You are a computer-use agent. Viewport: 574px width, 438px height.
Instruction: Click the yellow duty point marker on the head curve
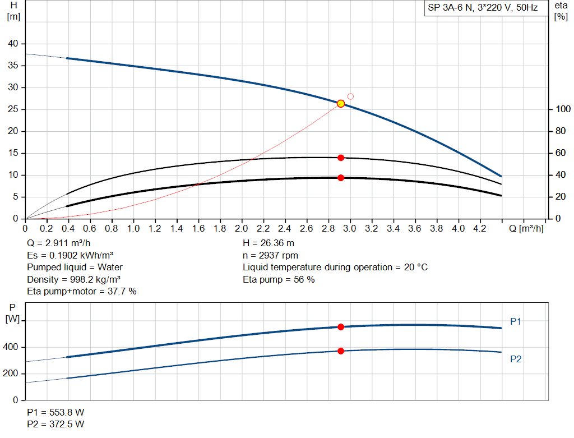point(341,103)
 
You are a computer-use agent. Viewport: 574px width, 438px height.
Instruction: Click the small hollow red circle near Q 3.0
point(351,96)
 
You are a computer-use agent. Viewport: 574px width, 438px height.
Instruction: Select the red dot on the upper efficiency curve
point(341,158)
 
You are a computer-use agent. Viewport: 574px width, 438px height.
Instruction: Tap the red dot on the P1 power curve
point(341,327)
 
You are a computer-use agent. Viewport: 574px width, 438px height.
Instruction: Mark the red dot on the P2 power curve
point(341,351)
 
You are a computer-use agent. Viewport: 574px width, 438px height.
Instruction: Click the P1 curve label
point(516,322)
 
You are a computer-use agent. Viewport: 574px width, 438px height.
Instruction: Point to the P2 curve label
point(516,359)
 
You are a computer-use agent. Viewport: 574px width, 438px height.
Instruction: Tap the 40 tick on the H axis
point(13,44)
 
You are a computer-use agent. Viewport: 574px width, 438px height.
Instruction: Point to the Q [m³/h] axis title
point(526,229)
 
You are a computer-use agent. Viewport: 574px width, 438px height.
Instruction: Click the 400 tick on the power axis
point(12,348)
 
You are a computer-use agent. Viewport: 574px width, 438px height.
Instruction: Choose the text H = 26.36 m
point(269,243)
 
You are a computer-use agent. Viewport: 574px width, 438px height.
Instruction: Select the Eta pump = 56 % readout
point(279,279)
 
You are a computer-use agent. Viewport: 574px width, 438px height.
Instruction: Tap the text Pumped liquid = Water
point(75,268)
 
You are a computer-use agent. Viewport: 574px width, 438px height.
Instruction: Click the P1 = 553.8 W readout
point(55,412)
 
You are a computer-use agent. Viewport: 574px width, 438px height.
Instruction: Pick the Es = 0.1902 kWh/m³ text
point(70,256)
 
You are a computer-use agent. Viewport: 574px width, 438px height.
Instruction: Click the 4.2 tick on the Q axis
point(480,229)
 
